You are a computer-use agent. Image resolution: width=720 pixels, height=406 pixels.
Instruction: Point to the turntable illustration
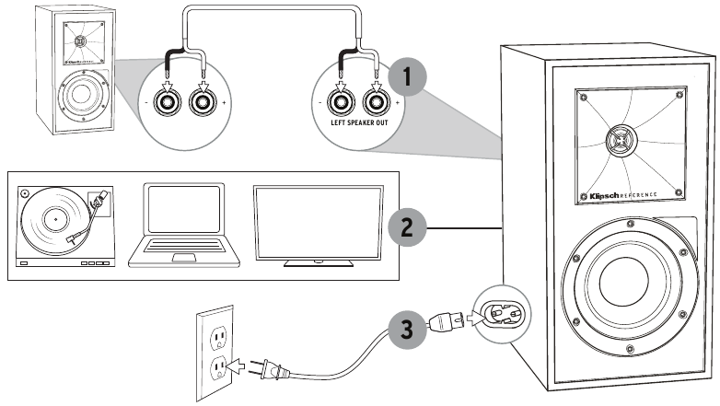coord(66,224)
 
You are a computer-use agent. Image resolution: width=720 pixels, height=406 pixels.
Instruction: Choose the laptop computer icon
coord(183,224)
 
